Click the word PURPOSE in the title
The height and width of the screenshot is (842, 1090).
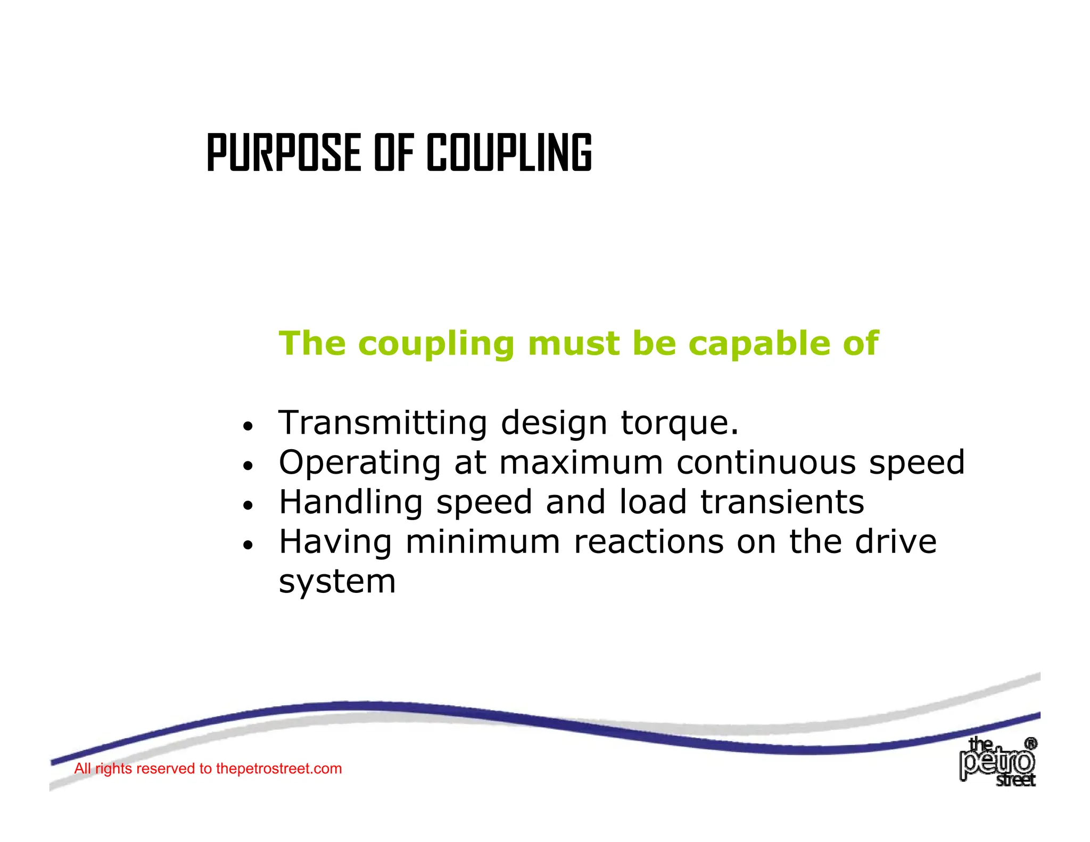284,153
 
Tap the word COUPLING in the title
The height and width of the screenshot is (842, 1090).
509,153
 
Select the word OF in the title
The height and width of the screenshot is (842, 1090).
394,153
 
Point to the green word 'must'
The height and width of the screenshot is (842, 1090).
574,344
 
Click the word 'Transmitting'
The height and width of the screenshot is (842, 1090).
383,423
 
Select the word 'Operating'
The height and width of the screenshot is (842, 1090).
360,463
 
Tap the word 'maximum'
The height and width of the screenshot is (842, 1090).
581,462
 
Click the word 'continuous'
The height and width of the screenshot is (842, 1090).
766,462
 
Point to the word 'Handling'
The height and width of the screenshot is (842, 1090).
351,502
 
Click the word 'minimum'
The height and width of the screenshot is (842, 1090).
483,542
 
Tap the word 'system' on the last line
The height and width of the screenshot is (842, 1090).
337,582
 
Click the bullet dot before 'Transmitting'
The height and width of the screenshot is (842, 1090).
247,426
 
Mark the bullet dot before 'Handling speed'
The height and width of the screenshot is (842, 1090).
247,506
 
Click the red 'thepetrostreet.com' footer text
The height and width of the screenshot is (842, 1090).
278,769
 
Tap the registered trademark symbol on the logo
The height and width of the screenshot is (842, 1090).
1030,744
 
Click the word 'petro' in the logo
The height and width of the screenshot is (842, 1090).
997,763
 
